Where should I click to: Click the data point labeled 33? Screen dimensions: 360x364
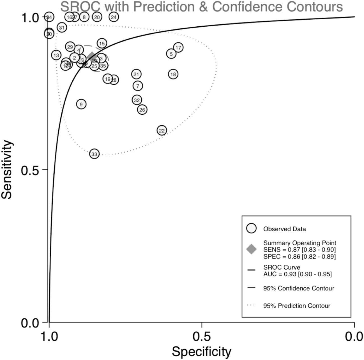coord(94,154)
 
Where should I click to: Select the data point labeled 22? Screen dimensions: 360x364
coord(162,131)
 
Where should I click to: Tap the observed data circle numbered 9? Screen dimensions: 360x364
coord(81,104)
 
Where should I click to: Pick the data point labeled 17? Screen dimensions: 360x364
coord(178,47)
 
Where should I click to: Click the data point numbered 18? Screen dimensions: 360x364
coord(173,74)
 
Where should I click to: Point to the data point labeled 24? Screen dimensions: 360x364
coord(114,17)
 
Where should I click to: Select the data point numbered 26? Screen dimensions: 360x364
coord(142,110)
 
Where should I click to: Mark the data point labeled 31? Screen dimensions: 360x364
coord(62,27)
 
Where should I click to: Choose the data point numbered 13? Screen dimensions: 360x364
coord(56,55)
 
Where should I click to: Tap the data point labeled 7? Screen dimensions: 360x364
coord(137,86)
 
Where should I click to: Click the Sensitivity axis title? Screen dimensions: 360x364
coord(7,169)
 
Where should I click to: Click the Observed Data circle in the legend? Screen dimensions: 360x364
coord(252,229)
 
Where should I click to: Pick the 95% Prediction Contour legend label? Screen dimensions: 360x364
coord(296,306)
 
